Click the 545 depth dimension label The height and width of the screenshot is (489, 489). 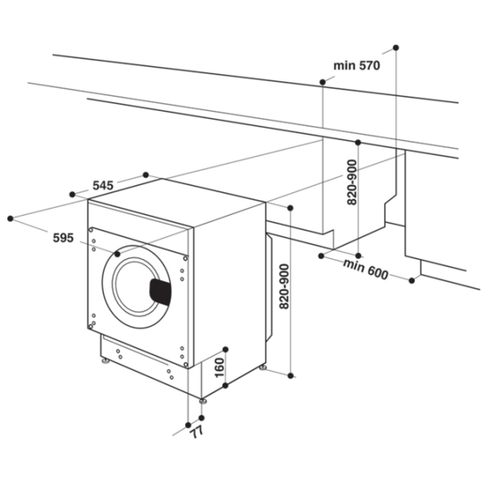click(103, 186)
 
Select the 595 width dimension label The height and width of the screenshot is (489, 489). click(64, 238)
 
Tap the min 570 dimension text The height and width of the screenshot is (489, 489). click(357, 65)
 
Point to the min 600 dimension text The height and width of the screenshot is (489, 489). click(365, 269)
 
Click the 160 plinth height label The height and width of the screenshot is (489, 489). click(219, 368)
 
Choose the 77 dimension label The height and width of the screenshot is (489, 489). click(196, 432)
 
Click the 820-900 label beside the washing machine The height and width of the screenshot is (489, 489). click(284, 286)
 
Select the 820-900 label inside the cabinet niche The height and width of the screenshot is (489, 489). click(352, 182)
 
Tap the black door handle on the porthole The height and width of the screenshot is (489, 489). click(161, 292)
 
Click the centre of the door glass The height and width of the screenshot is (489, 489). click(136, 287)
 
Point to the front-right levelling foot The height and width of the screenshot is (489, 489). click(203, 401)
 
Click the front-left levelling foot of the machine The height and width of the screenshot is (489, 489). click(106, 361)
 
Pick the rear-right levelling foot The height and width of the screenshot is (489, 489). click(262, 368)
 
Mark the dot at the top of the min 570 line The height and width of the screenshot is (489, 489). click(396, 48)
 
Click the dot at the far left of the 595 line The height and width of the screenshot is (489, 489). click(11, 218)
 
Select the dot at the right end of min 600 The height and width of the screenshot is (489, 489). click(412, 280)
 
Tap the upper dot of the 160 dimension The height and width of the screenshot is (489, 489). click(226, 350)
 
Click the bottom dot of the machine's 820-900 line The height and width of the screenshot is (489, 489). click(290, 376)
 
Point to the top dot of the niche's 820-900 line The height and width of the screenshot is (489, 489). click(358, 143)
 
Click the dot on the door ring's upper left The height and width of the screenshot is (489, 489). click(117, 254)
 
